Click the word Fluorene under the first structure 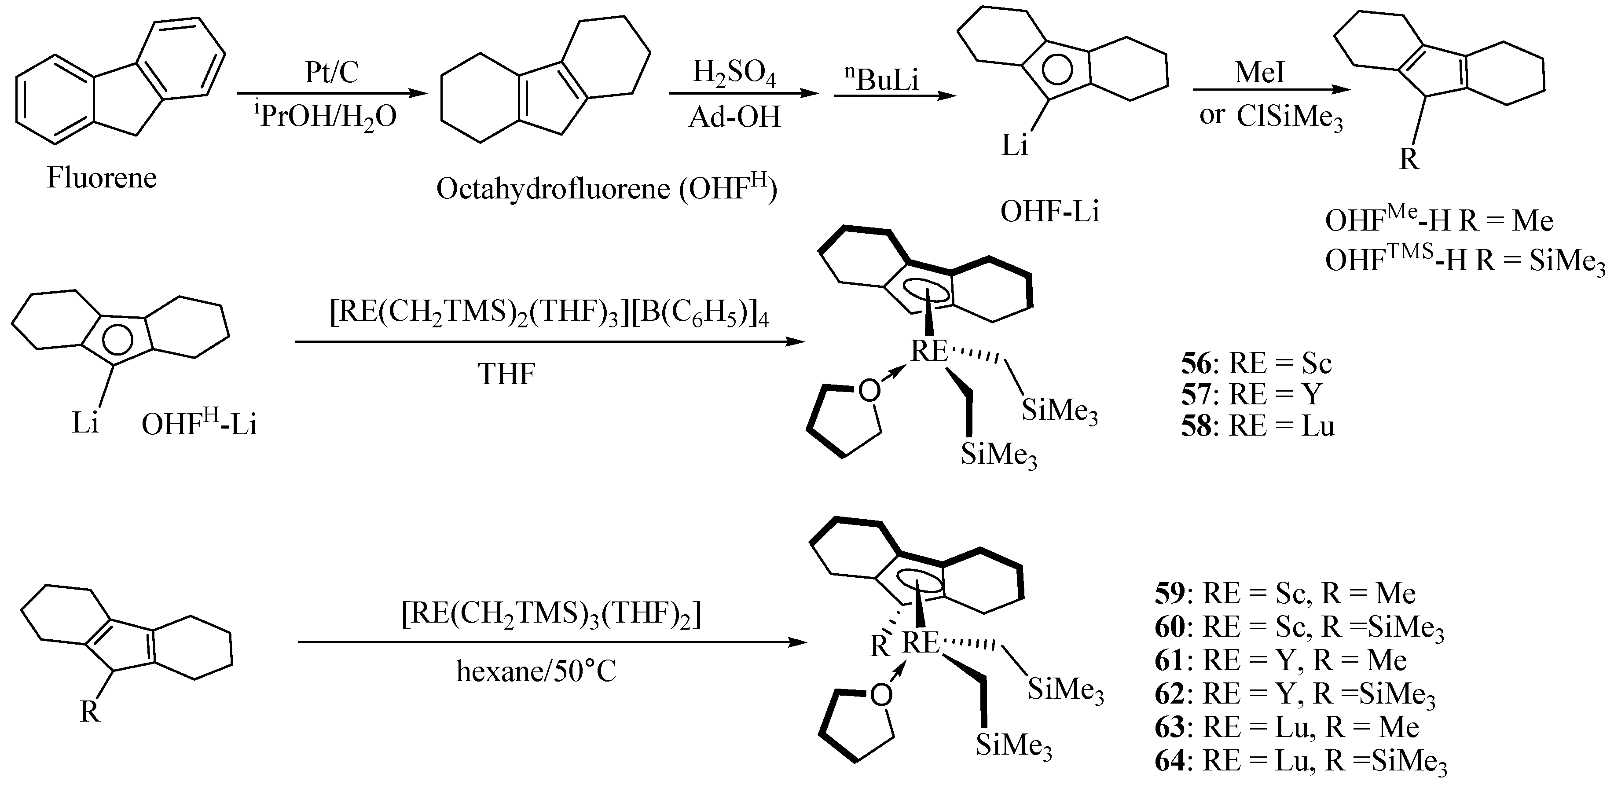102,178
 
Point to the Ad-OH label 734,117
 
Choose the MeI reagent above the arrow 1259,72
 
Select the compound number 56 1196,363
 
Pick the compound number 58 1196,426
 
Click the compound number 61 1169,660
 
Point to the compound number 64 1169,761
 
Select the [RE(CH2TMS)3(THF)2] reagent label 551,615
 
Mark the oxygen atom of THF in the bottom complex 881,694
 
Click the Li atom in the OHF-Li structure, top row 1014,146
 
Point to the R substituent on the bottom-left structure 90,712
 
